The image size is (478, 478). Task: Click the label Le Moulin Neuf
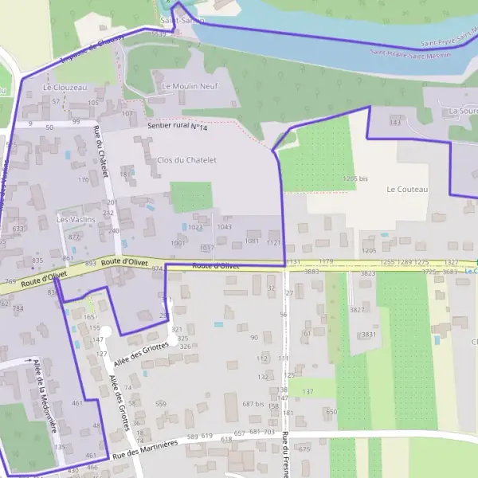pos(189,86)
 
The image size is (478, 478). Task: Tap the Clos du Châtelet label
pos(186,160)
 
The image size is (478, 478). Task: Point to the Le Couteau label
pos(407,190)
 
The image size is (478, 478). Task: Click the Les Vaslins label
pos(76,219)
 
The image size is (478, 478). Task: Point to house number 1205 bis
pos(355,179)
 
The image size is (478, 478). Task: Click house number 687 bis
pos(253,404)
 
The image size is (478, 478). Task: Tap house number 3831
pos(368,335)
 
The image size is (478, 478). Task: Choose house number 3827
pos(356,309)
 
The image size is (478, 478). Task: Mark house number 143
pos(394,123)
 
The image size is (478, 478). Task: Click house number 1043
pos(224,227)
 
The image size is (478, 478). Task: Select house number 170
pos(83,180)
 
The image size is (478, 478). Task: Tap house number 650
pos(331,412)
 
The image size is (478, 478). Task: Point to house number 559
pos(161,404)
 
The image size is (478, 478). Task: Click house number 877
pos(74,237)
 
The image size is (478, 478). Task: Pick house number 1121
pos(274,242)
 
